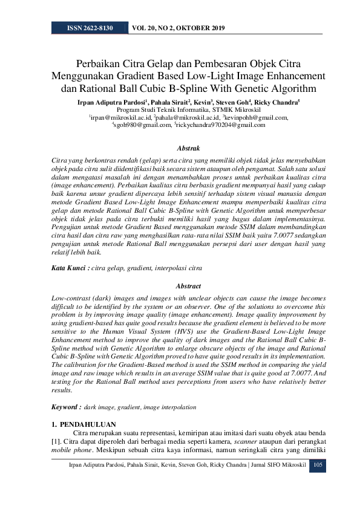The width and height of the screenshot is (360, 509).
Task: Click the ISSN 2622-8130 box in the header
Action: pyautogui.click(x=90, y=28)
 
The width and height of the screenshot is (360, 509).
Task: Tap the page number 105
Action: pyautogui.click(x=318, y=464)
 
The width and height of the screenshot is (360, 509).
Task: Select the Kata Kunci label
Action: pyautogui.click(x=70, y=267)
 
